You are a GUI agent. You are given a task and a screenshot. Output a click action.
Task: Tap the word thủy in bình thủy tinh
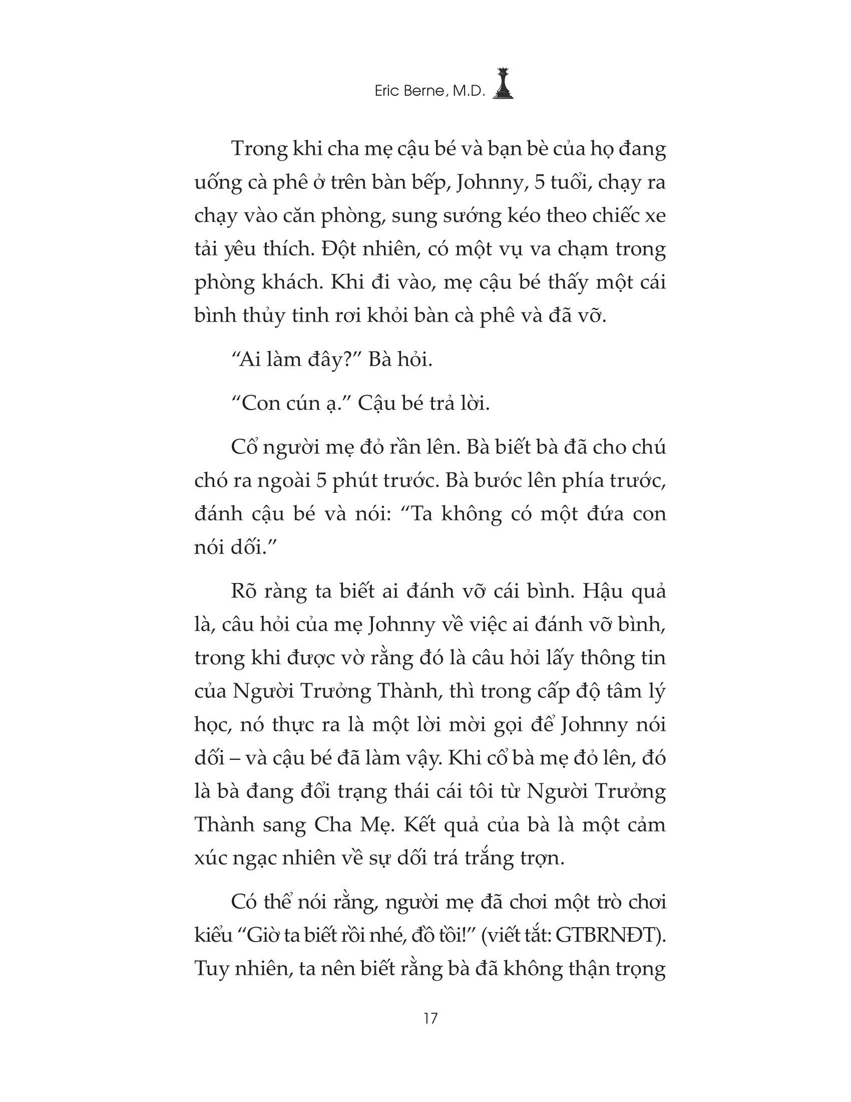258,317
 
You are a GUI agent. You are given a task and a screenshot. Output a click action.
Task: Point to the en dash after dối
232,759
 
